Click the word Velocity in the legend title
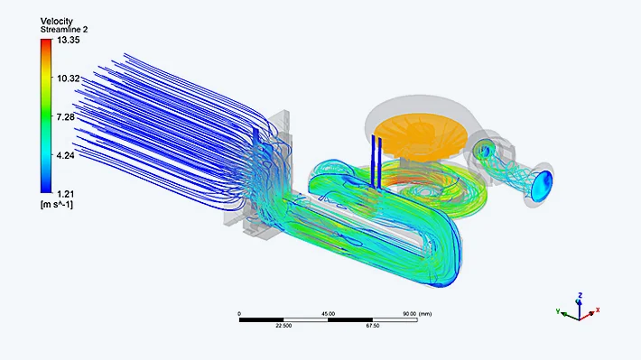pyautogui.click(x=56, y=21)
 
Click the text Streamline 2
pyautogui.click(x=64, y=30)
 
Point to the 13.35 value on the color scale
pyautogui.click(x=69, y=40)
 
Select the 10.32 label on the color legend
pyautogui.click(x=69, y=78)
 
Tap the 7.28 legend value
pyautogui.click(x=66, y=117)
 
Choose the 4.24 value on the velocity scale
pyautogui.click(x=66, y=156)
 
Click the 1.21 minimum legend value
pyautogui.click(x=66, y=194)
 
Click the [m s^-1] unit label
pyautogui.click(x=56, y=204)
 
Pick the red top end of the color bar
pyautogui.click(x=47, y=42)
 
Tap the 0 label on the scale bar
pyautogui.click(x=239, y=314)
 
